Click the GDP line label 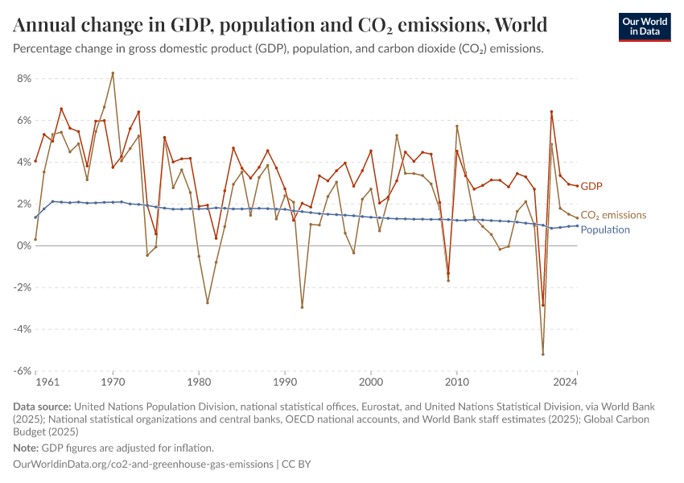pos(591,186)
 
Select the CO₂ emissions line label pos(613,215)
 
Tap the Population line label pos(605,229)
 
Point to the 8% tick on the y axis pos(23,78)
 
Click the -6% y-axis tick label pos(21,371)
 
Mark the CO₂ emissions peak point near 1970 pos(113,73)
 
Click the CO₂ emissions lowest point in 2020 pos(543,354)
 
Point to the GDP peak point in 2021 pos(551,112)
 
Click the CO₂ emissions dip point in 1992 pos(302,307)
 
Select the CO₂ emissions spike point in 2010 pos(457,126)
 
